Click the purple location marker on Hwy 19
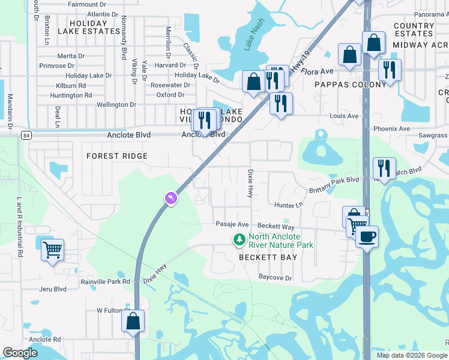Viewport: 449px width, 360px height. click(x=171, y=198)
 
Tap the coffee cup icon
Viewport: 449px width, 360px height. click(x=367, y=236)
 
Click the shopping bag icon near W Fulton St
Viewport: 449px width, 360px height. click(x=133, y=321)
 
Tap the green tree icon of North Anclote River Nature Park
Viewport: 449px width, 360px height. click(x=240, y=240)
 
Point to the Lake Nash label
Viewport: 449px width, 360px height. click(x=253, y=43)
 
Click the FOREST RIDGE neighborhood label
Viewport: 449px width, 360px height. click(x=117, y=156)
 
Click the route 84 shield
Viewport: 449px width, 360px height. click(x=27, y=135)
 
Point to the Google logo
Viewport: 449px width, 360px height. click(x=20, y=353)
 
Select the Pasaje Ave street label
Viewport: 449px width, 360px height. click(x=232, y=224)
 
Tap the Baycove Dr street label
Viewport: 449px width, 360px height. click(x=275, y=278)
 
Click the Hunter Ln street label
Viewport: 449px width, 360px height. click(x=289, y=205)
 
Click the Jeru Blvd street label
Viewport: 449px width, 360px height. click(x=52, y=289)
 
